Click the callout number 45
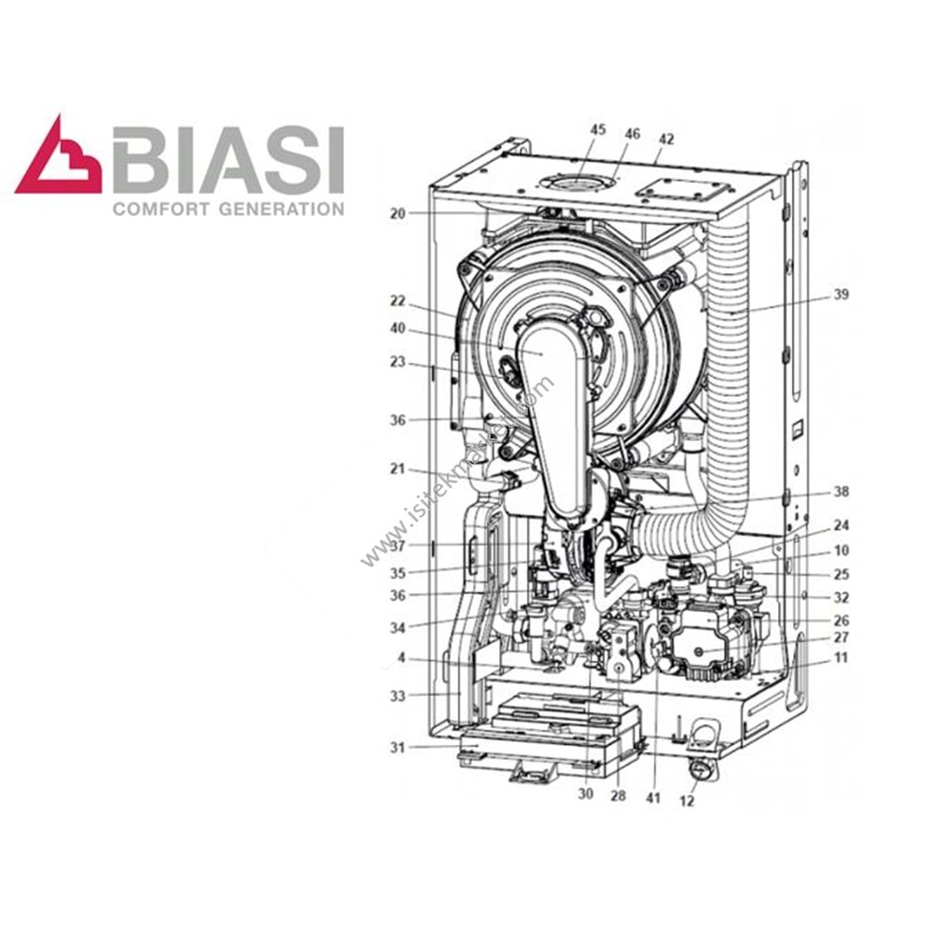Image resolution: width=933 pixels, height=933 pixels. [x=597, y=131]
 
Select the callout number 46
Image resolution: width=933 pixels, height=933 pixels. [x=633, y=133]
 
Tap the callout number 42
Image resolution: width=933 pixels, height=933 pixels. [x=665, y=138]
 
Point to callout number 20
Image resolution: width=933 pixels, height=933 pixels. [x=398, y=213]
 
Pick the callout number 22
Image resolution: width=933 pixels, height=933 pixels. [x=398, y=300]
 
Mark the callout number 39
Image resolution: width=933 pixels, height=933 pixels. [x=842, y=295]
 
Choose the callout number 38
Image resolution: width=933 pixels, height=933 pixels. [x=842, y=491]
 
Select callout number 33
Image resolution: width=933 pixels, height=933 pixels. [x=398, y=696]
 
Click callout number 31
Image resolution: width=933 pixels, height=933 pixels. [x=398, y=746]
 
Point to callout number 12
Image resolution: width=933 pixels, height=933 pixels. [x=688, y=801]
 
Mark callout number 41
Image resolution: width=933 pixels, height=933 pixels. [x=654, y=798]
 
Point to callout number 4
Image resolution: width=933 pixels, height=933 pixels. [x=401, y=657]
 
